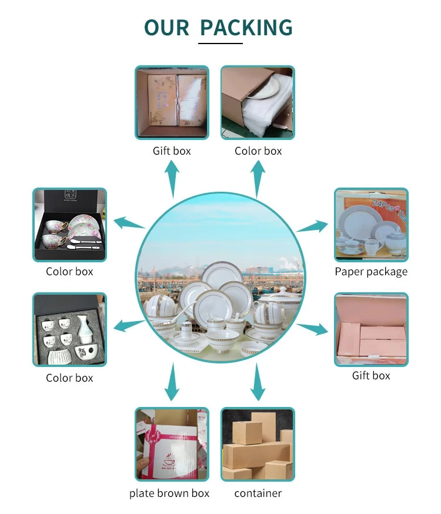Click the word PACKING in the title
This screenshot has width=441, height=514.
[246, 28]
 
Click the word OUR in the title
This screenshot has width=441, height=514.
[168, 28]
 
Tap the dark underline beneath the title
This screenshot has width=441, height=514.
[220, 43]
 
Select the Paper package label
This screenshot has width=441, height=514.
[371, 272]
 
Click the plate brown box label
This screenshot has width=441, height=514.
[169, 493]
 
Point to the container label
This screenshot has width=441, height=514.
[258, 493]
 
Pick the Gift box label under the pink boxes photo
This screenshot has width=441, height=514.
[371, 375]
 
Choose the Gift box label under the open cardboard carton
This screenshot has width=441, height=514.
[172, 151]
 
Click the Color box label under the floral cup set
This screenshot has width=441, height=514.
[69, 272]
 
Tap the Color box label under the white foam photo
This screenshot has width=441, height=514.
[258, 151]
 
